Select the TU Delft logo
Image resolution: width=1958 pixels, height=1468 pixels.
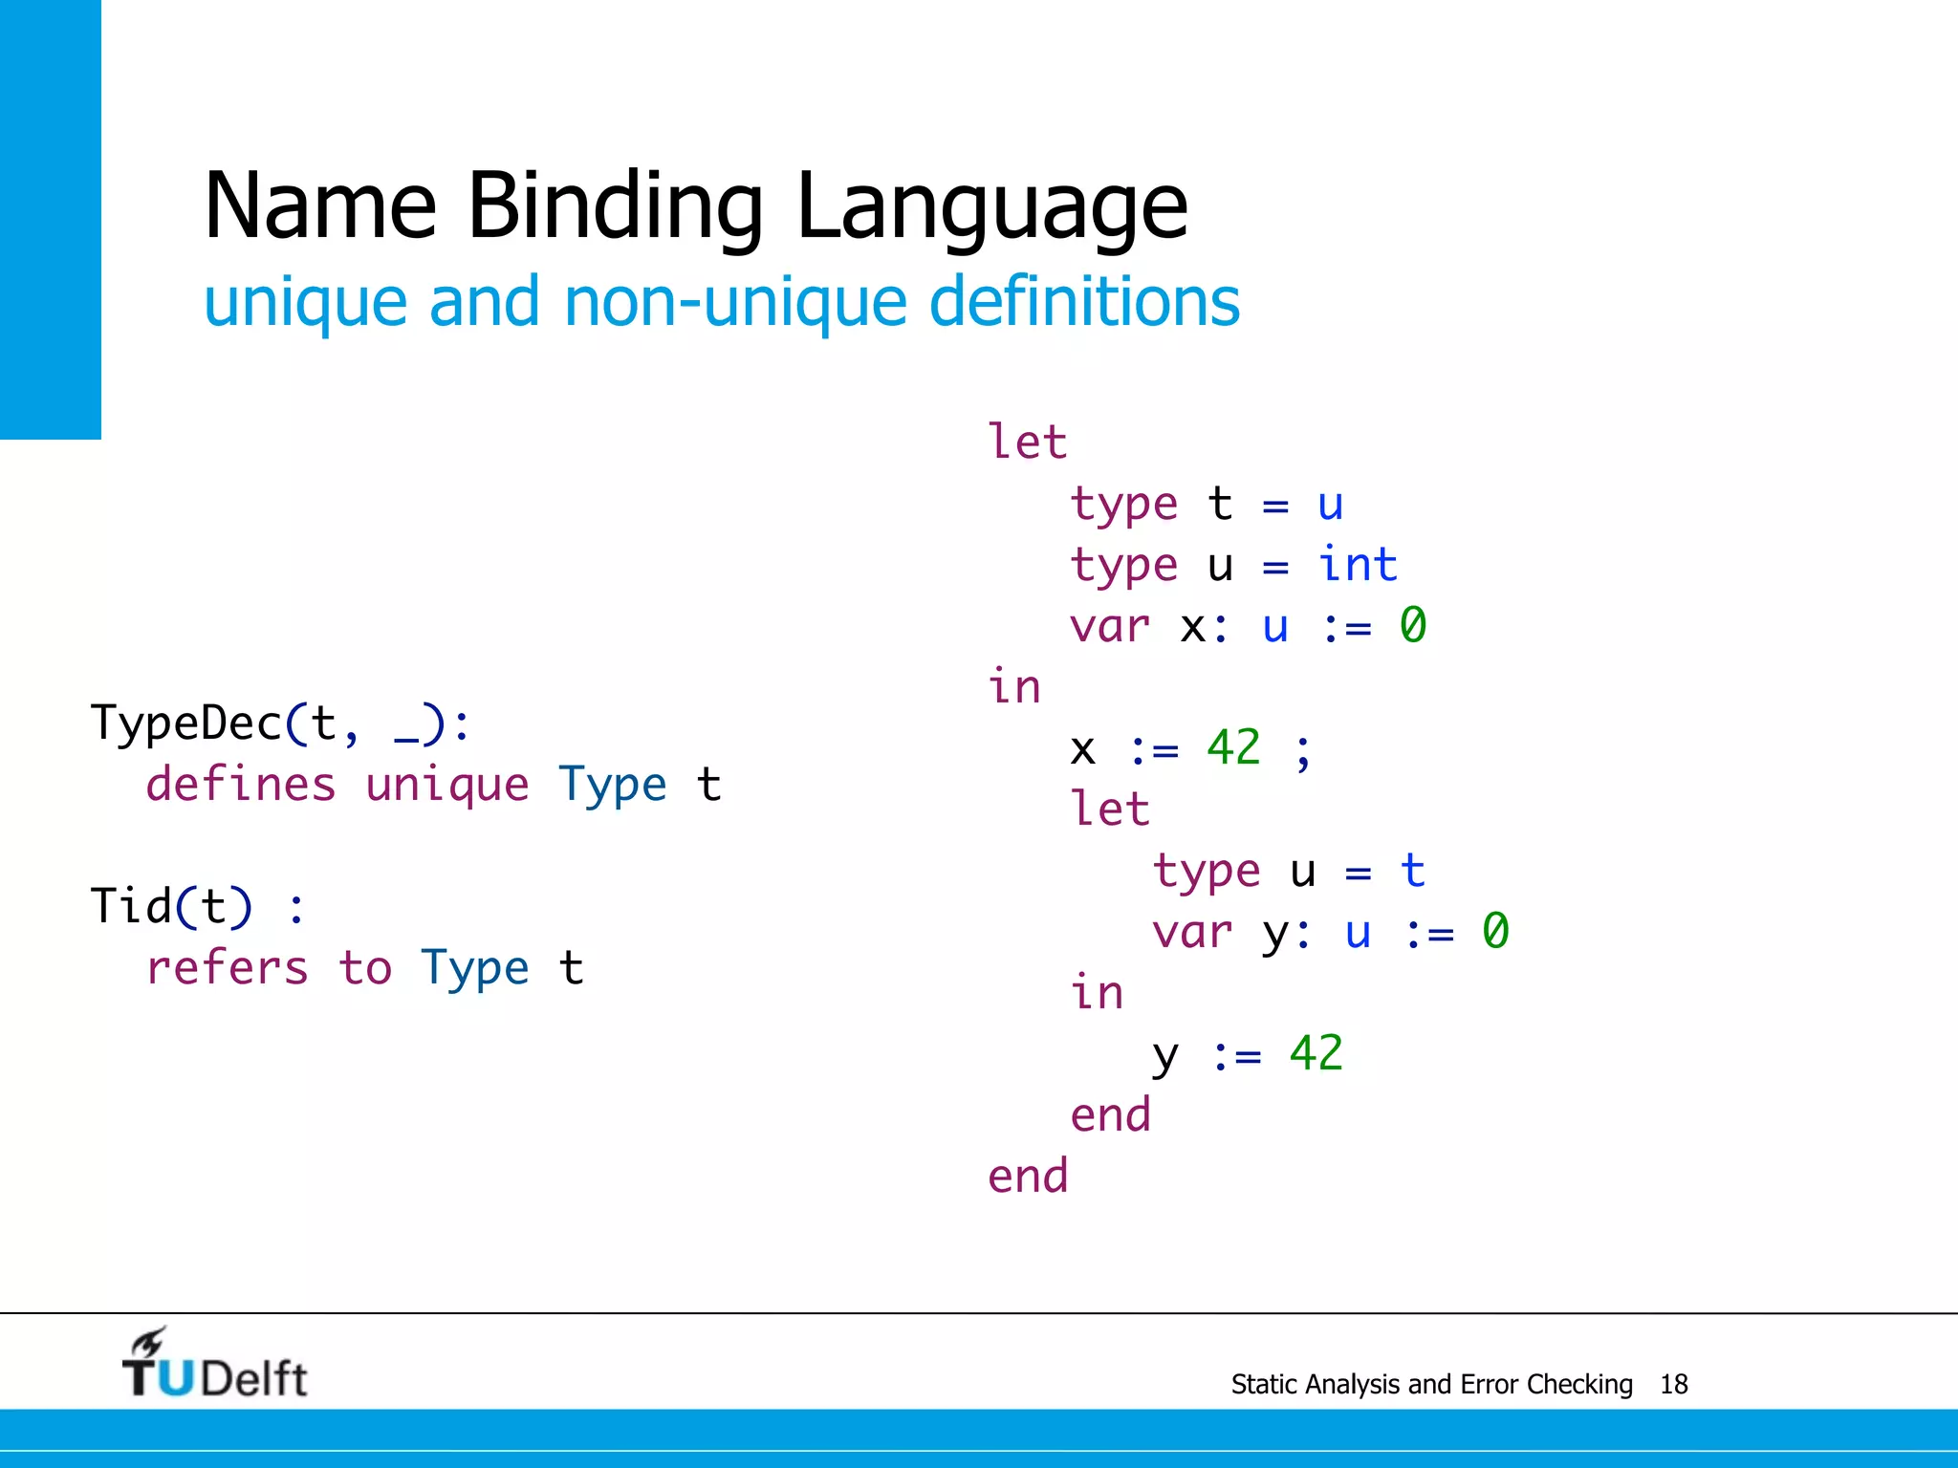tap(214, 1365)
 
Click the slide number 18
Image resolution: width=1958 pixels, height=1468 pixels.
tap(1673, 1384)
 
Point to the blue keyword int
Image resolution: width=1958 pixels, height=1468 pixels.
tap(1358, 565)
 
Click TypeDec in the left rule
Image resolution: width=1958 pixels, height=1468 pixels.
tap(186, 723)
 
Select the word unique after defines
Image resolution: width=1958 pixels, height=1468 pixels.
tap(446, 787)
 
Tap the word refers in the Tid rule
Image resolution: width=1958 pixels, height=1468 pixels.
tap(228, 968)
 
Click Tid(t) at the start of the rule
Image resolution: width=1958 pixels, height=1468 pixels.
tap(172, 906)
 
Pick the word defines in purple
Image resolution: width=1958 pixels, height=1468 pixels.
tap(241, 785)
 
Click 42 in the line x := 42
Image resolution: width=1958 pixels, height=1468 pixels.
tap(1233, 747)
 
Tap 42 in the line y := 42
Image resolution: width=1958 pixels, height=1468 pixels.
tap(1316, 1053)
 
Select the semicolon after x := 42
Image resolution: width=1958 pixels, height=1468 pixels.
tap(1303, 751)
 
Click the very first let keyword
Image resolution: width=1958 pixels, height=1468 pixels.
tap(1027, 443)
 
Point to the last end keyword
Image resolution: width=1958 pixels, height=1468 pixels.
tap(1028, 1176)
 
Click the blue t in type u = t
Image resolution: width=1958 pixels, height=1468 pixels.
tap(1412, 871)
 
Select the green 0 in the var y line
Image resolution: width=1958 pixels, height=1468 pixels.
tap(1495, 931)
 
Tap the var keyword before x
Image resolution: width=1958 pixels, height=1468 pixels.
tap(1109, 627)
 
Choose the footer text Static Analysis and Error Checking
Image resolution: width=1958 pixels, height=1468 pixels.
tap(1431, 1384)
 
